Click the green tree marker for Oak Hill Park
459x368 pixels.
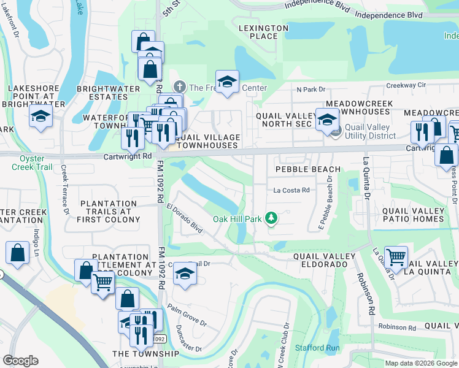point(271,218)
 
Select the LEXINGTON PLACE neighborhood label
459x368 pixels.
point(263,32)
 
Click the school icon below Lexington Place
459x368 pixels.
point(227,83)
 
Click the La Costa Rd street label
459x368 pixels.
point(291,190)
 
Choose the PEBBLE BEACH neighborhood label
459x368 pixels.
point(307,169)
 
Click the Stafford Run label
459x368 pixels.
point(317,348)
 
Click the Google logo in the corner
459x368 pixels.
point(21,360)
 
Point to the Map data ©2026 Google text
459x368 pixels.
point(420,363)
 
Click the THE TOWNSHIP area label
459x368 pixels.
point(145,354)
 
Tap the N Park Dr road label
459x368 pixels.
point(310,89)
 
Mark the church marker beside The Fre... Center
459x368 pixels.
point(180,88)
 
